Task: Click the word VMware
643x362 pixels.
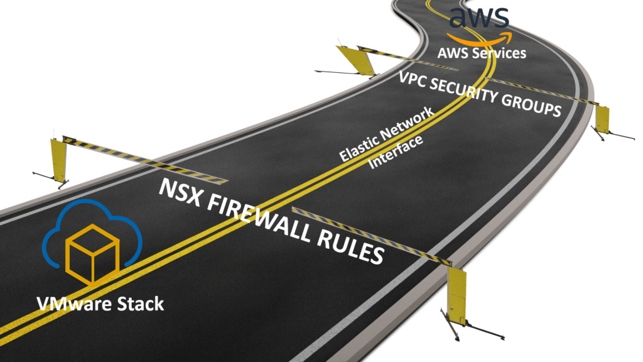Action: coord(77,304)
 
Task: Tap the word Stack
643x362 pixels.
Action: coord(141,304)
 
